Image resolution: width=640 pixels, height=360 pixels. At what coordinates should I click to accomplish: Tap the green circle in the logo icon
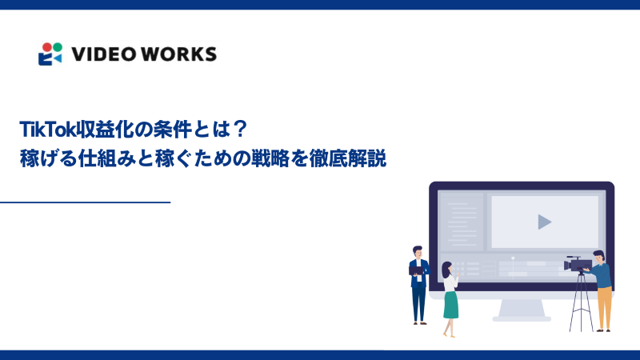(x=56, y=46)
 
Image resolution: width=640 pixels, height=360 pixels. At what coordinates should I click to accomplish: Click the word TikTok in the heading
(x=41, y=130)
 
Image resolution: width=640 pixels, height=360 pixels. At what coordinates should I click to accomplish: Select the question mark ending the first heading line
(x=239, y=130)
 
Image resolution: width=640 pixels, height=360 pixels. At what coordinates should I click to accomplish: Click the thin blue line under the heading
(x=85, y=202)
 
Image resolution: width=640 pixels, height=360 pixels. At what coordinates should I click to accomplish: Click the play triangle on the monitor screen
(x=544, y=222)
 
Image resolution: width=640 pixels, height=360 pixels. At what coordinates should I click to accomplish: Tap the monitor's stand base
(x=521, y=318)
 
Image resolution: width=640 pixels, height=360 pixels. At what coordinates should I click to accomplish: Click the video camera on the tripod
(x=578, y=263)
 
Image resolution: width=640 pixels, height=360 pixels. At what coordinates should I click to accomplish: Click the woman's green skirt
(x=451, y=303)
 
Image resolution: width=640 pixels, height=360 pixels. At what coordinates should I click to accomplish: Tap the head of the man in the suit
(x=416, y=251)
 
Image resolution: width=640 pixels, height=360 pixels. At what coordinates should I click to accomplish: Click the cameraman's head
(x=598, y=256)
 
